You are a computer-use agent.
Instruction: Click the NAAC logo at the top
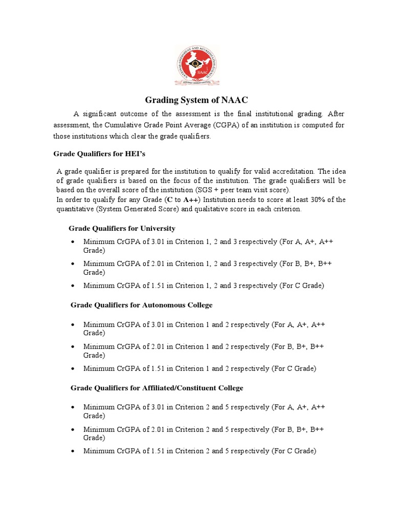196,65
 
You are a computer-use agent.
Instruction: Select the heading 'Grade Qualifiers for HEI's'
103,154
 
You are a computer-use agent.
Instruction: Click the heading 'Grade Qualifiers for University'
122,228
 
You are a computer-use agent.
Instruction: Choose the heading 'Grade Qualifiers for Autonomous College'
141,305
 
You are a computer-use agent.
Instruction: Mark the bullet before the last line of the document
74,452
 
